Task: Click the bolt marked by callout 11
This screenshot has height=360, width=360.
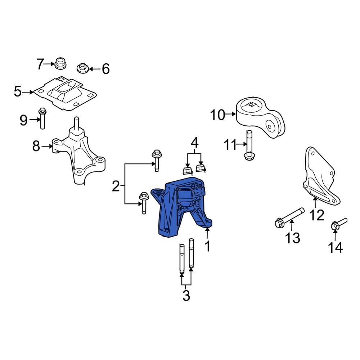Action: (249, 146)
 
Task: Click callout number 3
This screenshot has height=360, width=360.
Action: (186, 296)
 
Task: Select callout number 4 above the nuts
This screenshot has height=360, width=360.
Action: (194, 143)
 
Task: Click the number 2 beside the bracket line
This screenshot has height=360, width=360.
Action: (116, 186)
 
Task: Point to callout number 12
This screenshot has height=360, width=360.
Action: (317, 215)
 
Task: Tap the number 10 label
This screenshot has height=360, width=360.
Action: (217, 115)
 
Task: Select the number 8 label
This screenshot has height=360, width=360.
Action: (36, 146)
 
